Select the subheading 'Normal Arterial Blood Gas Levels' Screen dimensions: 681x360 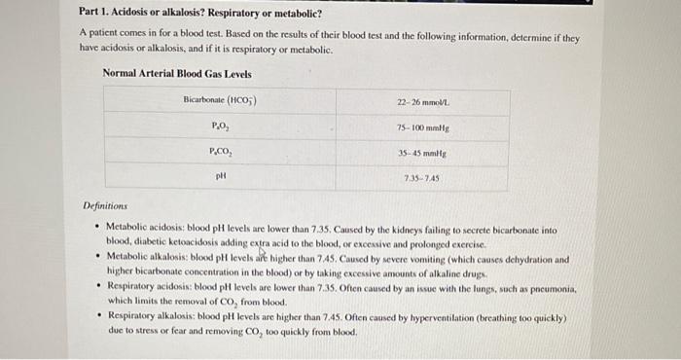point(176,74)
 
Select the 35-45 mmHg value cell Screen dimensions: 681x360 point(421,152)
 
